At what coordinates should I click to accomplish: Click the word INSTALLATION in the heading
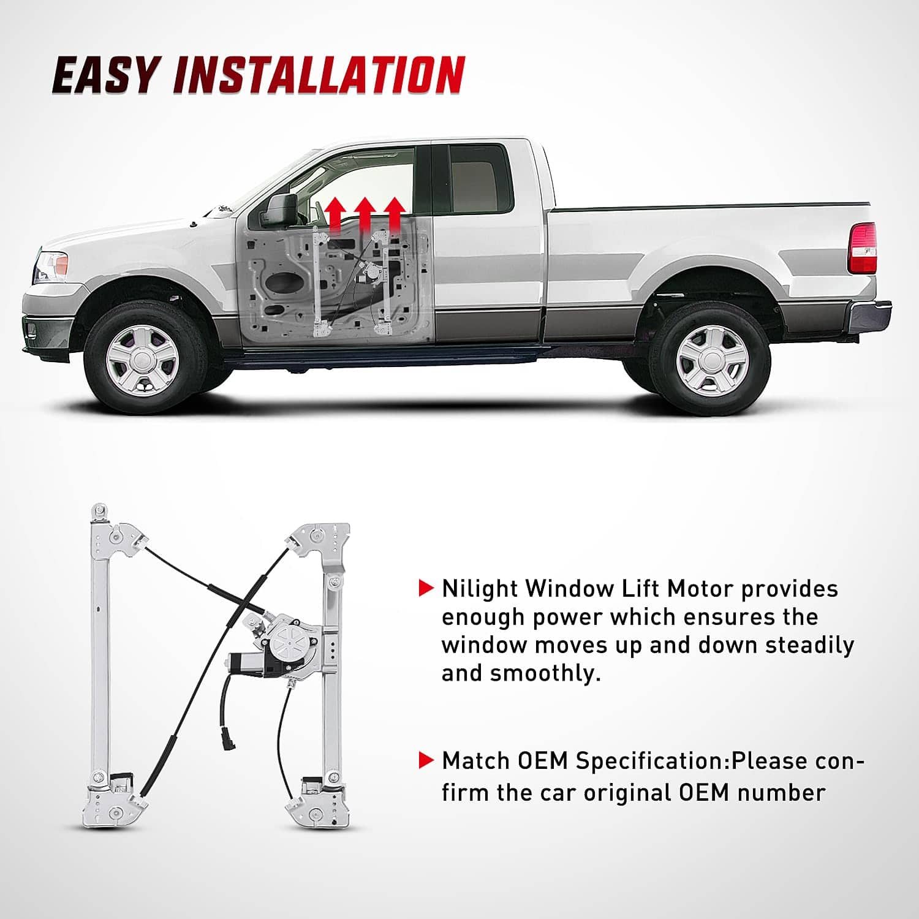click(319, 75)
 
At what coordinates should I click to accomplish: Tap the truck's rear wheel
click(711, 361)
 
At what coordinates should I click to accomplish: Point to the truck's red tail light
click(863, 248)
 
